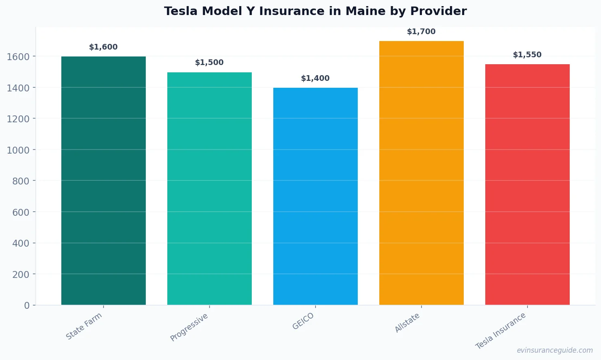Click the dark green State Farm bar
104,181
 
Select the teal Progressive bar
210,189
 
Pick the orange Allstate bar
422,173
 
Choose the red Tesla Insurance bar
527,185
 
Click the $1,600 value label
103,47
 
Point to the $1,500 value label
209,63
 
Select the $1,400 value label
315,78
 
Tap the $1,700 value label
421,32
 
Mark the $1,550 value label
527,55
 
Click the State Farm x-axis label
84,326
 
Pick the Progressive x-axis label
189,327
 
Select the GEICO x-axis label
303,321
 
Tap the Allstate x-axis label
407,323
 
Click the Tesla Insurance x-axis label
501,331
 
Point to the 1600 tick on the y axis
18,57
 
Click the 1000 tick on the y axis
18,150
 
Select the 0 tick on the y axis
27,306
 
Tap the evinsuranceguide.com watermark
555,350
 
